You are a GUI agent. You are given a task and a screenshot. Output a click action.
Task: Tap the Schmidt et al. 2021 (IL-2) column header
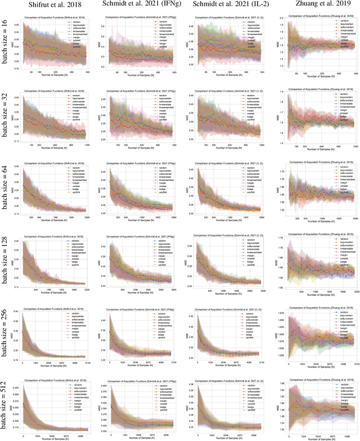coord(225,6)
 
